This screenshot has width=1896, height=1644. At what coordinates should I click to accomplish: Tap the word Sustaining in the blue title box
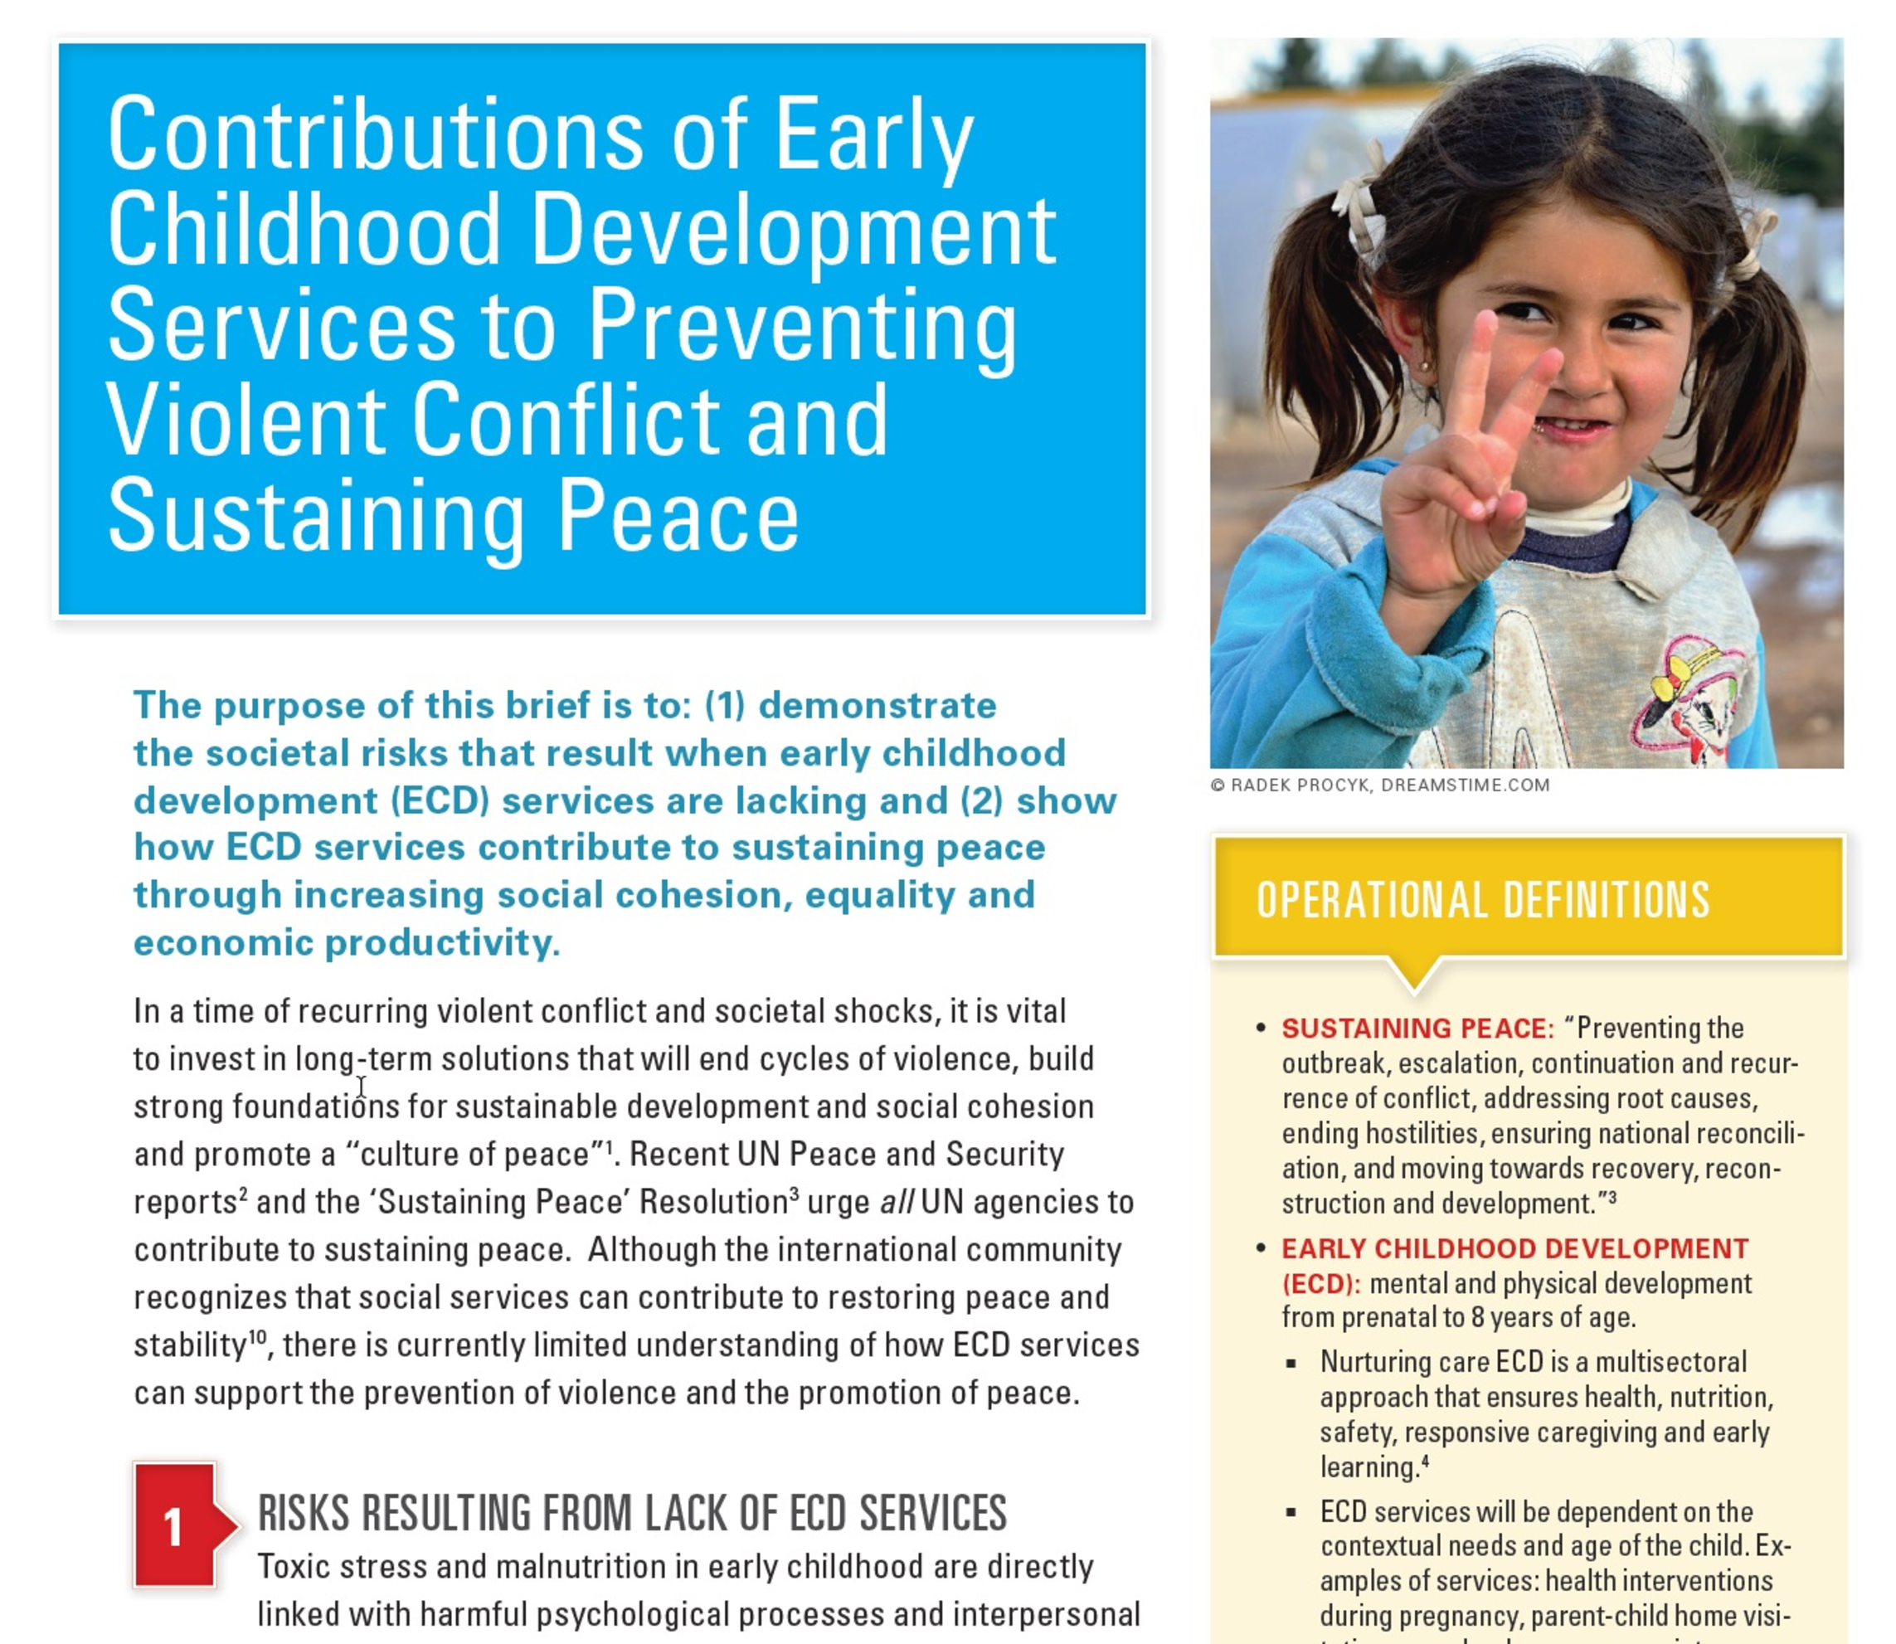tap(314, 516)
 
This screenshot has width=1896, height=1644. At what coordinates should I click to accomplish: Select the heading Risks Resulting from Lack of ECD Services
tap(632, 1514)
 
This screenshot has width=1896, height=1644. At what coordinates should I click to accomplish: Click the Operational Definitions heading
tap(1482, 900)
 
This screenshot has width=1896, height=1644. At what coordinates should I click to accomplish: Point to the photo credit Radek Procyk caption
tap(1379, 786)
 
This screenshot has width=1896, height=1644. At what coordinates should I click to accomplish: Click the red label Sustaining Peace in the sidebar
tap(1417, 1029)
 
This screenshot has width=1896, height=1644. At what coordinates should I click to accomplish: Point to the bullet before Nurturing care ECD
tap(1291, 1364)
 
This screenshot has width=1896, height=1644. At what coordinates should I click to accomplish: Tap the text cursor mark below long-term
tap(362, 1087)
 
